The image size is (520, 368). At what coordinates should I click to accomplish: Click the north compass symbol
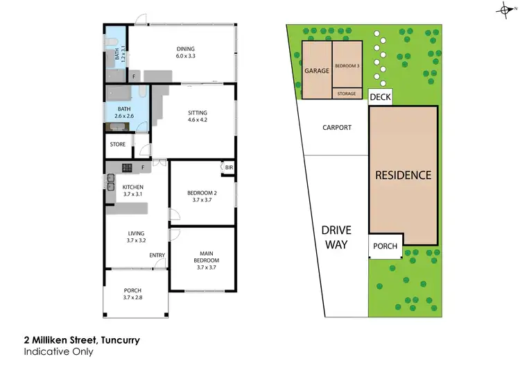click(505, 8)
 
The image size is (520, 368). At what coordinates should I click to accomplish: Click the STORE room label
click(117, 145)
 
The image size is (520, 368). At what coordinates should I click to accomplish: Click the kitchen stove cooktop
click(128, 167)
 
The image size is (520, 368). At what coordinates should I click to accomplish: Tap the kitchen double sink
click(110, 182)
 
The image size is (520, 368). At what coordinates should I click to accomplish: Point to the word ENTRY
click(157, 256)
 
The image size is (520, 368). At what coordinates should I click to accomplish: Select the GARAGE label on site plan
click(316, 71)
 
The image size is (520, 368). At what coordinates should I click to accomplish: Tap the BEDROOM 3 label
click(347, 65)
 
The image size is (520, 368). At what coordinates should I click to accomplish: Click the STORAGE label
click(347, 93)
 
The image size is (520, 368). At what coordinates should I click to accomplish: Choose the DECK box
click(380, 98)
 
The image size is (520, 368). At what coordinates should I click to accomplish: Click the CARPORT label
click(338, 128)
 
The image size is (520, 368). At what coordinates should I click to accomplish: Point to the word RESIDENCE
click(403, 175)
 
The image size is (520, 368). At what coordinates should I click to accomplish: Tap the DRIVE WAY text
click(336, 237)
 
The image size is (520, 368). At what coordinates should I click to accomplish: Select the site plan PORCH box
click(385, 246)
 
